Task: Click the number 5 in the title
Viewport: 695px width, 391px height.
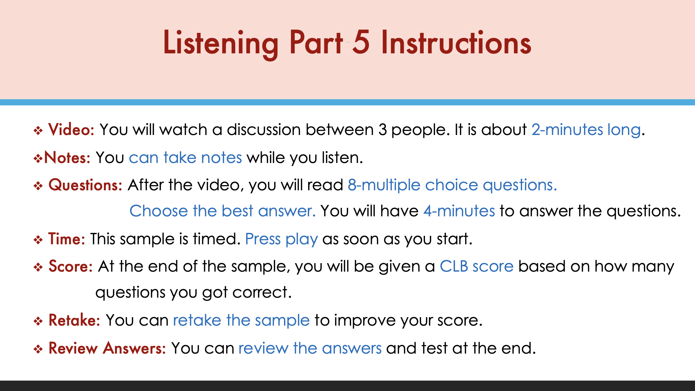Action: (361, 42)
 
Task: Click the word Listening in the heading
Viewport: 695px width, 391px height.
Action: (220, 44)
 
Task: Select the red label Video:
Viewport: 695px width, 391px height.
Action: (71, 129)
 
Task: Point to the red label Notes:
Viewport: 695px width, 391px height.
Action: (67, 157)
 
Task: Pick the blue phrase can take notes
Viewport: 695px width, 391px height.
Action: (185, 157)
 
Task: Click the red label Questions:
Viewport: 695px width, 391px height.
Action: (85, 185)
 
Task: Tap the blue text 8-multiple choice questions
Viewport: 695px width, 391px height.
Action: (452, 185)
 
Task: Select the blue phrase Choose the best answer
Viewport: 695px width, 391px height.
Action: (223, 211)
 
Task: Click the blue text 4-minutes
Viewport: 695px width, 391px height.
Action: (459, 211)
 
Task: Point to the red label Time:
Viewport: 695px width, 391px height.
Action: (67, 239)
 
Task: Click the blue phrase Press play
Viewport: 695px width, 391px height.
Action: (281, 239)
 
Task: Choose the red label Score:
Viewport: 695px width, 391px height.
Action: (71, 266)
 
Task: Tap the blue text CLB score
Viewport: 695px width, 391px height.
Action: (477, 266)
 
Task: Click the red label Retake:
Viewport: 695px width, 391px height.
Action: (74, 320)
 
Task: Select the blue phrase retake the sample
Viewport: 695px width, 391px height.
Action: (241, 320)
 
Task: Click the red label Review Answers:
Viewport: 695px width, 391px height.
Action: (107, 348)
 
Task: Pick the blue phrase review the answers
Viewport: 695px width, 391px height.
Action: (310, 348)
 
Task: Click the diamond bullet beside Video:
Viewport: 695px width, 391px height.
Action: (38, 131)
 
